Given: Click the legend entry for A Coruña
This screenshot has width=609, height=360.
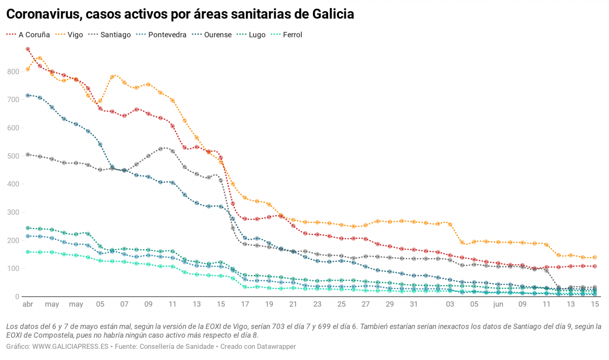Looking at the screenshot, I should click(34, 35).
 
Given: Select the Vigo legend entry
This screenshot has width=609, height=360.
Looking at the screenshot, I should click(75, 35).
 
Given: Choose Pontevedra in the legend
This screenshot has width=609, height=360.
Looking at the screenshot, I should click(167, 35).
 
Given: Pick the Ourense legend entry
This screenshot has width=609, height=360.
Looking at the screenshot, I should click(217, 35).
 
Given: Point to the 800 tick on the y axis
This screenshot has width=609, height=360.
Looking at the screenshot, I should click(13, 72).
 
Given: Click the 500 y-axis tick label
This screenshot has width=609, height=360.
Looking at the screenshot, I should click(13, 156).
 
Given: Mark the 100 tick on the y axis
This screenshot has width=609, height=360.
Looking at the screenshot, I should click(13, 269).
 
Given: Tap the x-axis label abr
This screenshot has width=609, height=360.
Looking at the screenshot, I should click(27, 305).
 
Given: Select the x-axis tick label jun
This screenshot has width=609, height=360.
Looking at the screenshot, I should click(498, 305).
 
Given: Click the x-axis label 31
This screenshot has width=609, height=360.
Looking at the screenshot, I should click(413, 305).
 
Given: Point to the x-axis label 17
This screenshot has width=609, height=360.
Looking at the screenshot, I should click(245, 305).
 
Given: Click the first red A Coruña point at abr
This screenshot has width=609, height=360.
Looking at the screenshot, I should click(28, 49).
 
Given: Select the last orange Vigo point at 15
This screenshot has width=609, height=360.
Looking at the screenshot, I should click(595, 257).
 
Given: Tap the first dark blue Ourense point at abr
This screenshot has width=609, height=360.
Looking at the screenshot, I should click(28, 95).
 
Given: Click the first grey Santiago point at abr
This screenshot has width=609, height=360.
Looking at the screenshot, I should click(28, 154).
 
